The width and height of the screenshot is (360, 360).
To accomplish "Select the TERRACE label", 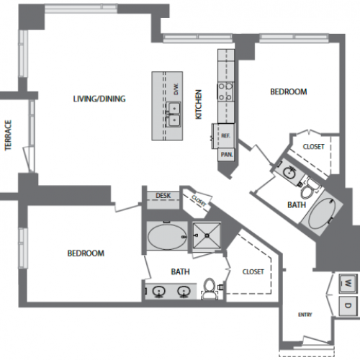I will pyautogui.click(x=9, y=135).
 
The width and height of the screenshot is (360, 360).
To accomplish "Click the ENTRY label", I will pyautogui.click(x=305, y=315).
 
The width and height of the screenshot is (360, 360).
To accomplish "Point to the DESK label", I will pyautogui.click(x=163, y=195).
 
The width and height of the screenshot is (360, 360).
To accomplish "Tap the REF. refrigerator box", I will pyautogui.click(x=225, y=135).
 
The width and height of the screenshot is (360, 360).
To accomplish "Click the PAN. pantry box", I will pyautogui.click(x=225, y=153).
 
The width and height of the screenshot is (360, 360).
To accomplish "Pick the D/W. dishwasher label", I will pyautogui.click(x=175, y=90).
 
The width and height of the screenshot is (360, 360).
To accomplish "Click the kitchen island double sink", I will pyautogui.click(x=174, y=114).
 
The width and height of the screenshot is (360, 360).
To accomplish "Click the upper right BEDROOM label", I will pyautogui.click(x=288, y=92).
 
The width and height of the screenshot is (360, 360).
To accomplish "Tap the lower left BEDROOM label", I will pyautogui.click(x=86, y=253).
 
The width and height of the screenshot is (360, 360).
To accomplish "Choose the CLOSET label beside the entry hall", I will pyautogui.click(x=253, y=271).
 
